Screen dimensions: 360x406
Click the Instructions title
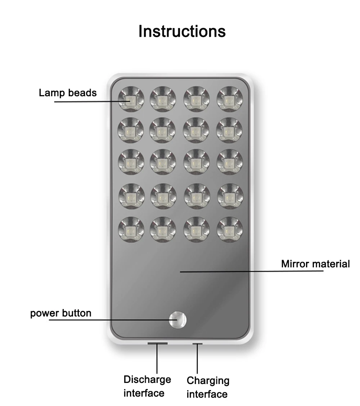182,31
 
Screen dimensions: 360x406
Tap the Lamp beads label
68,93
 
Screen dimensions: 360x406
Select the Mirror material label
315,264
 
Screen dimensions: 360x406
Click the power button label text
60,313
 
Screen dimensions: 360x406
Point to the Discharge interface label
147,386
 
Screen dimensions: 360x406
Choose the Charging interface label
208,387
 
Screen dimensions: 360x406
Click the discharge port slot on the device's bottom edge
157,344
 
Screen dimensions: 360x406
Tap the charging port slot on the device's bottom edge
197,344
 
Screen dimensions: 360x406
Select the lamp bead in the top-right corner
230,99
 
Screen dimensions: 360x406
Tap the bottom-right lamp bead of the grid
230,229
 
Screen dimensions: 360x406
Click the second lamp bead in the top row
163,99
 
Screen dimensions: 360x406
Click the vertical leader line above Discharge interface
157,358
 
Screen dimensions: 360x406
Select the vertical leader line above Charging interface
197,358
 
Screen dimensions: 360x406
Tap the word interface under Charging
207,394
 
